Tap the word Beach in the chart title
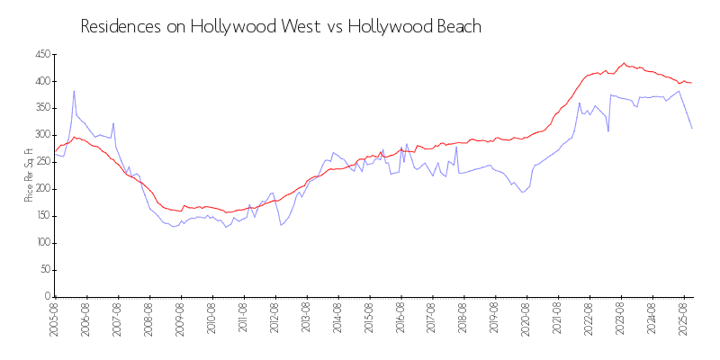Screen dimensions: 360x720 point(457,27)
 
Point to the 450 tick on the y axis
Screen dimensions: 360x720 point(41,55)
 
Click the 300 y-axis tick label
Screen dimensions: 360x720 point(41,136)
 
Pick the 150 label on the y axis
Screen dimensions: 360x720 point(41,216)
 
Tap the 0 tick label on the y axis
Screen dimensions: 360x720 point(47,297)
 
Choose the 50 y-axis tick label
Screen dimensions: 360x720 point(43,270)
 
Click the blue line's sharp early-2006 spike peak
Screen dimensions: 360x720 point(74,91)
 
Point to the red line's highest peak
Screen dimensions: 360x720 point(624,63)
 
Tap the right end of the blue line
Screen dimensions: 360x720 point(692,129)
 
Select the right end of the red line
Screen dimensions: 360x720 point(692,83)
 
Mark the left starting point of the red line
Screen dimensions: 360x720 point(55,151)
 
